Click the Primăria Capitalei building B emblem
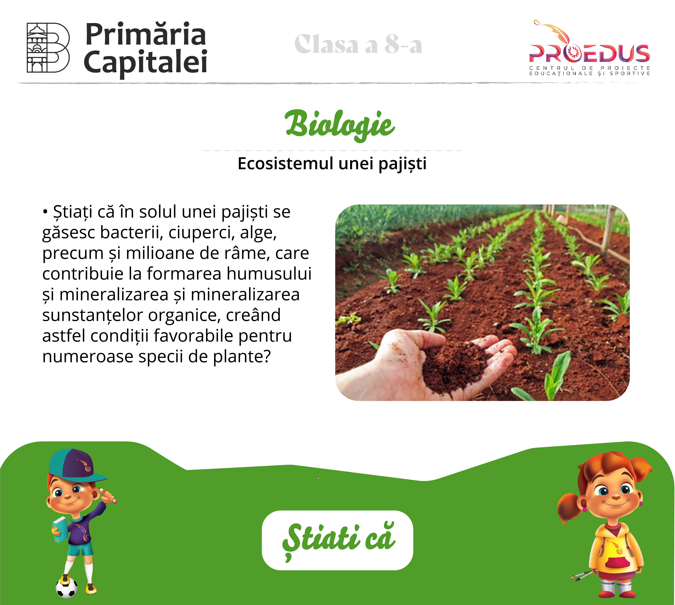pos(48,48)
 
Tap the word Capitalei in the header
pos(146,62)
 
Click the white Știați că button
pos(337,540)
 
